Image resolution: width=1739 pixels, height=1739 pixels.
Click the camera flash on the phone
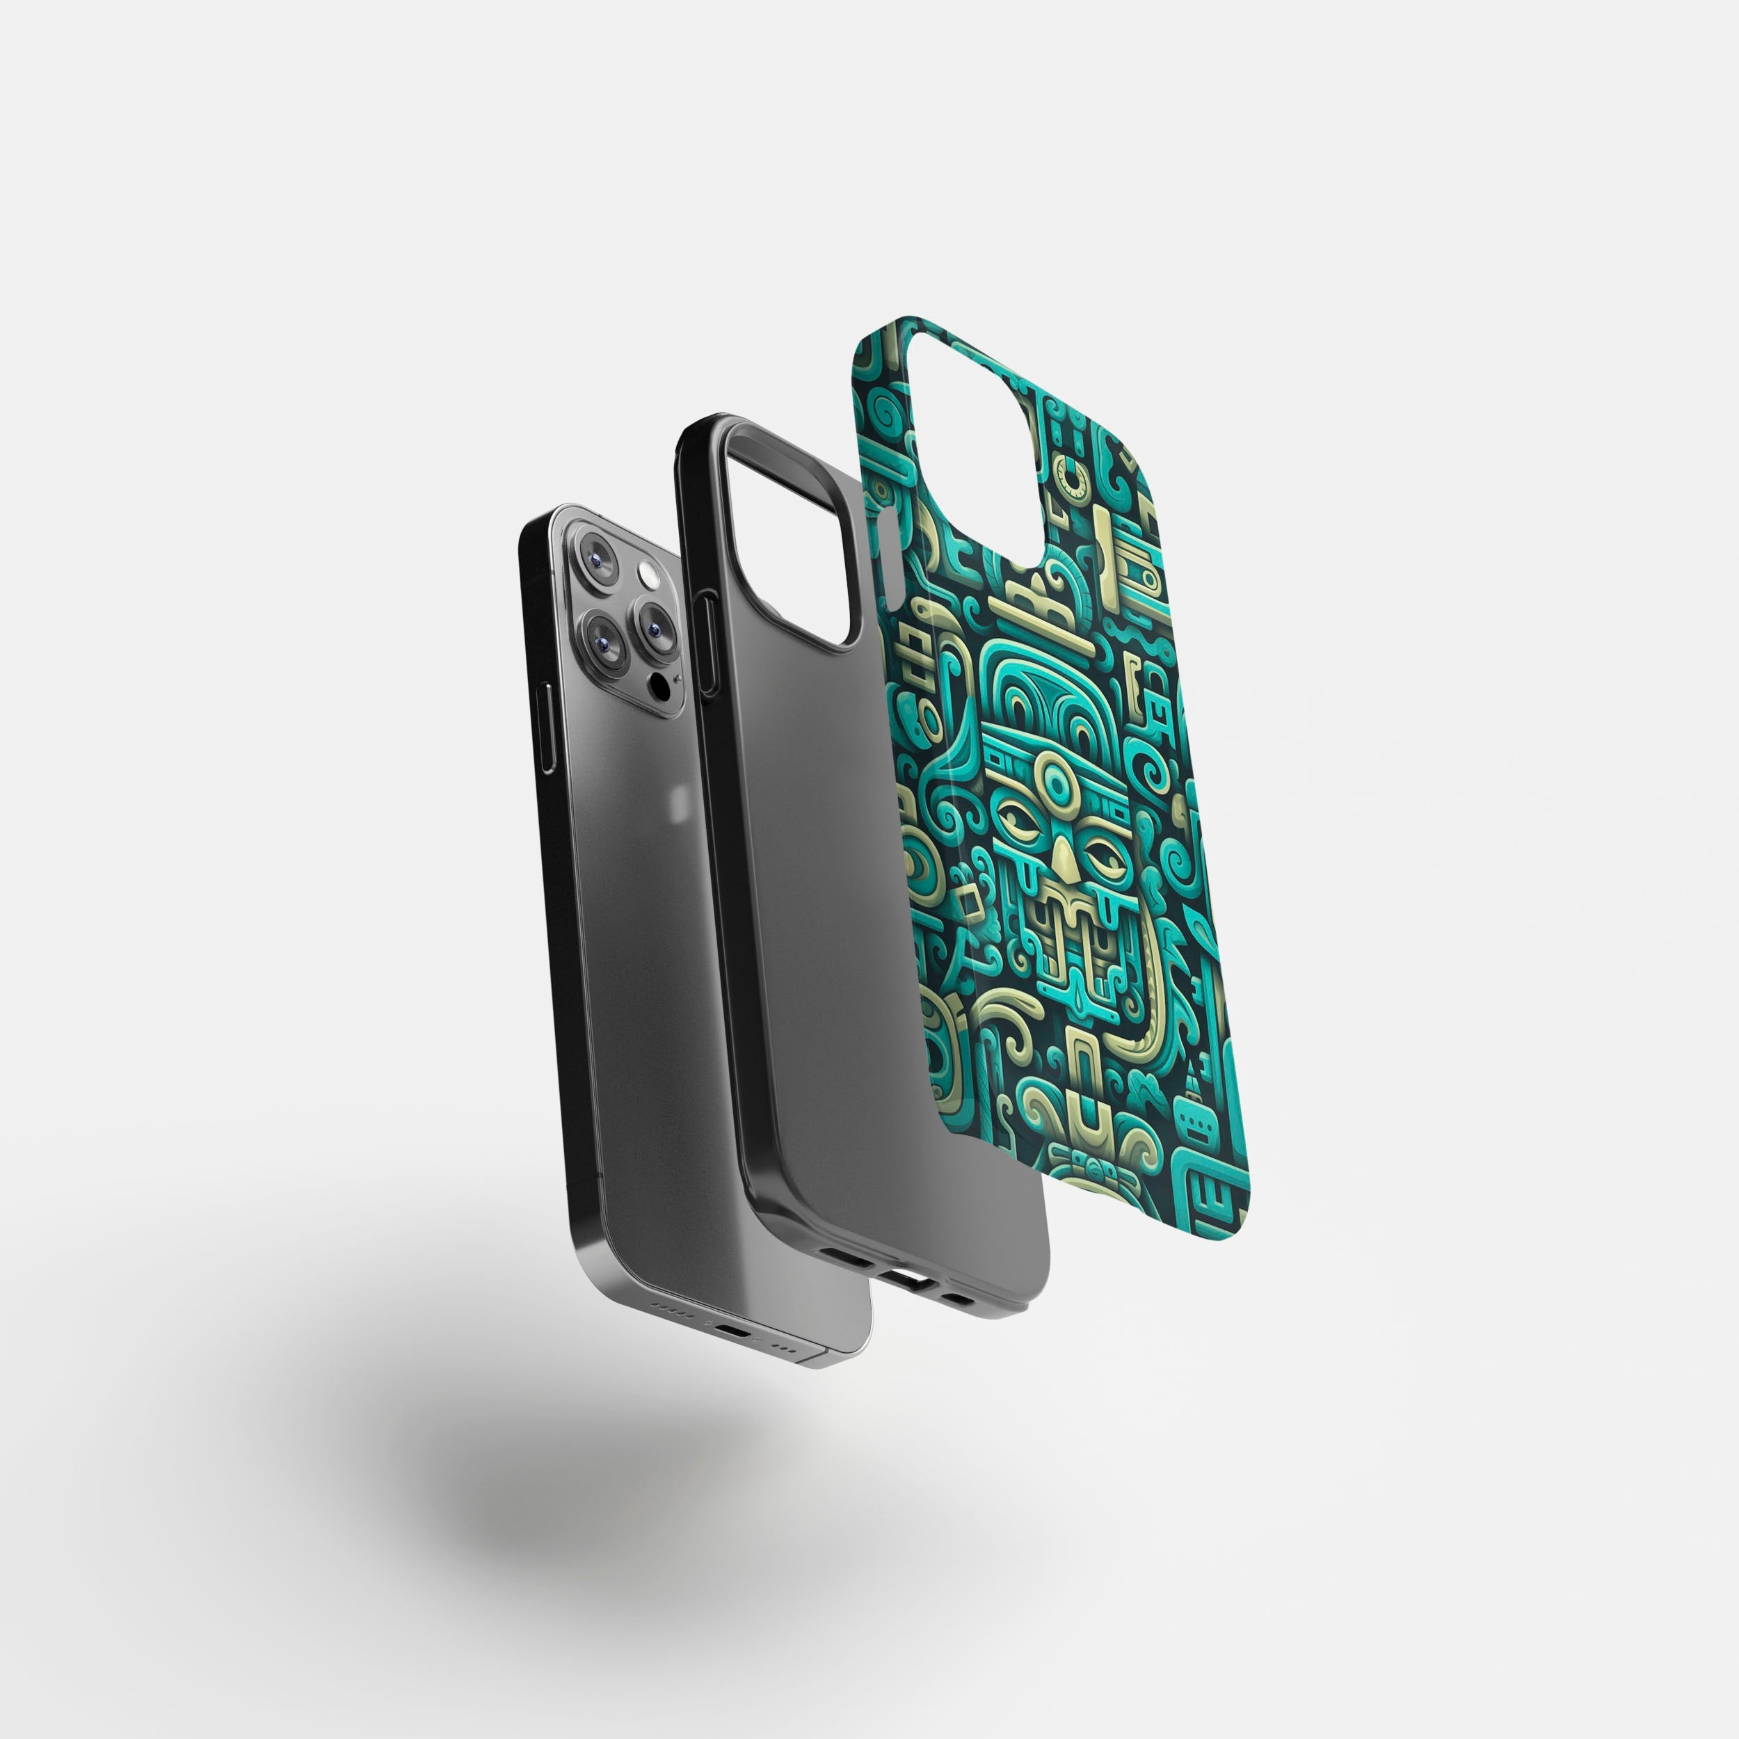647,573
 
